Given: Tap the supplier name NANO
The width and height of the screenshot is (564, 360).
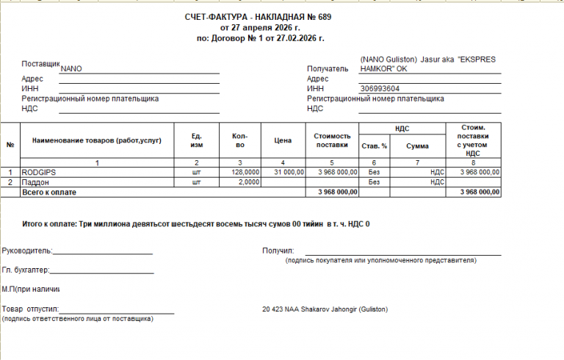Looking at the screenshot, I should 71,68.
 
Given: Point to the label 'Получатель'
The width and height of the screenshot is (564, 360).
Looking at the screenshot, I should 327,68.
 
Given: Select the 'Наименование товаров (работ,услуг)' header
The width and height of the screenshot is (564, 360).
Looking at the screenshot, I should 96,140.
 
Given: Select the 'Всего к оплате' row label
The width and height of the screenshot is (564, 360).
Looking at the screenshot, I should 49,192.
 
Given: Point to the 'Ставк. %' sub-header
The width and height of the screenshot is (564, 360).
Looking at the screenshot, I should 375,145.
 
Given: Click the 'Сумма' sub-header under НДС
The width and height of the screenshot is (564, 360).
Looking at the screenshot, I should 417,145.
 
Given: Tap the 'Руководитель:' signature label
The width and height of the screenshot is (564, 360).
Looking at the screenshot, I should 27,251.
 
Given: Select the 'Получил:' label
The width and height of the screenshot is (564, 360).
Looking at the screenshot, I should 278,251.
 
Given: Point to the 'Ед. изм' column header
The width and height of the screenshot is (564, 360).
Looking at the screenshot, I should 196,140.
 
